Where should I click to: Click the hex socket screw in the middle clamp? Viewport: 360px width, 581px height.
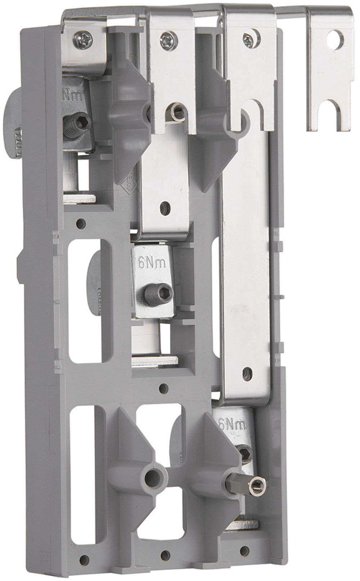click(x=150, y=290)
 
